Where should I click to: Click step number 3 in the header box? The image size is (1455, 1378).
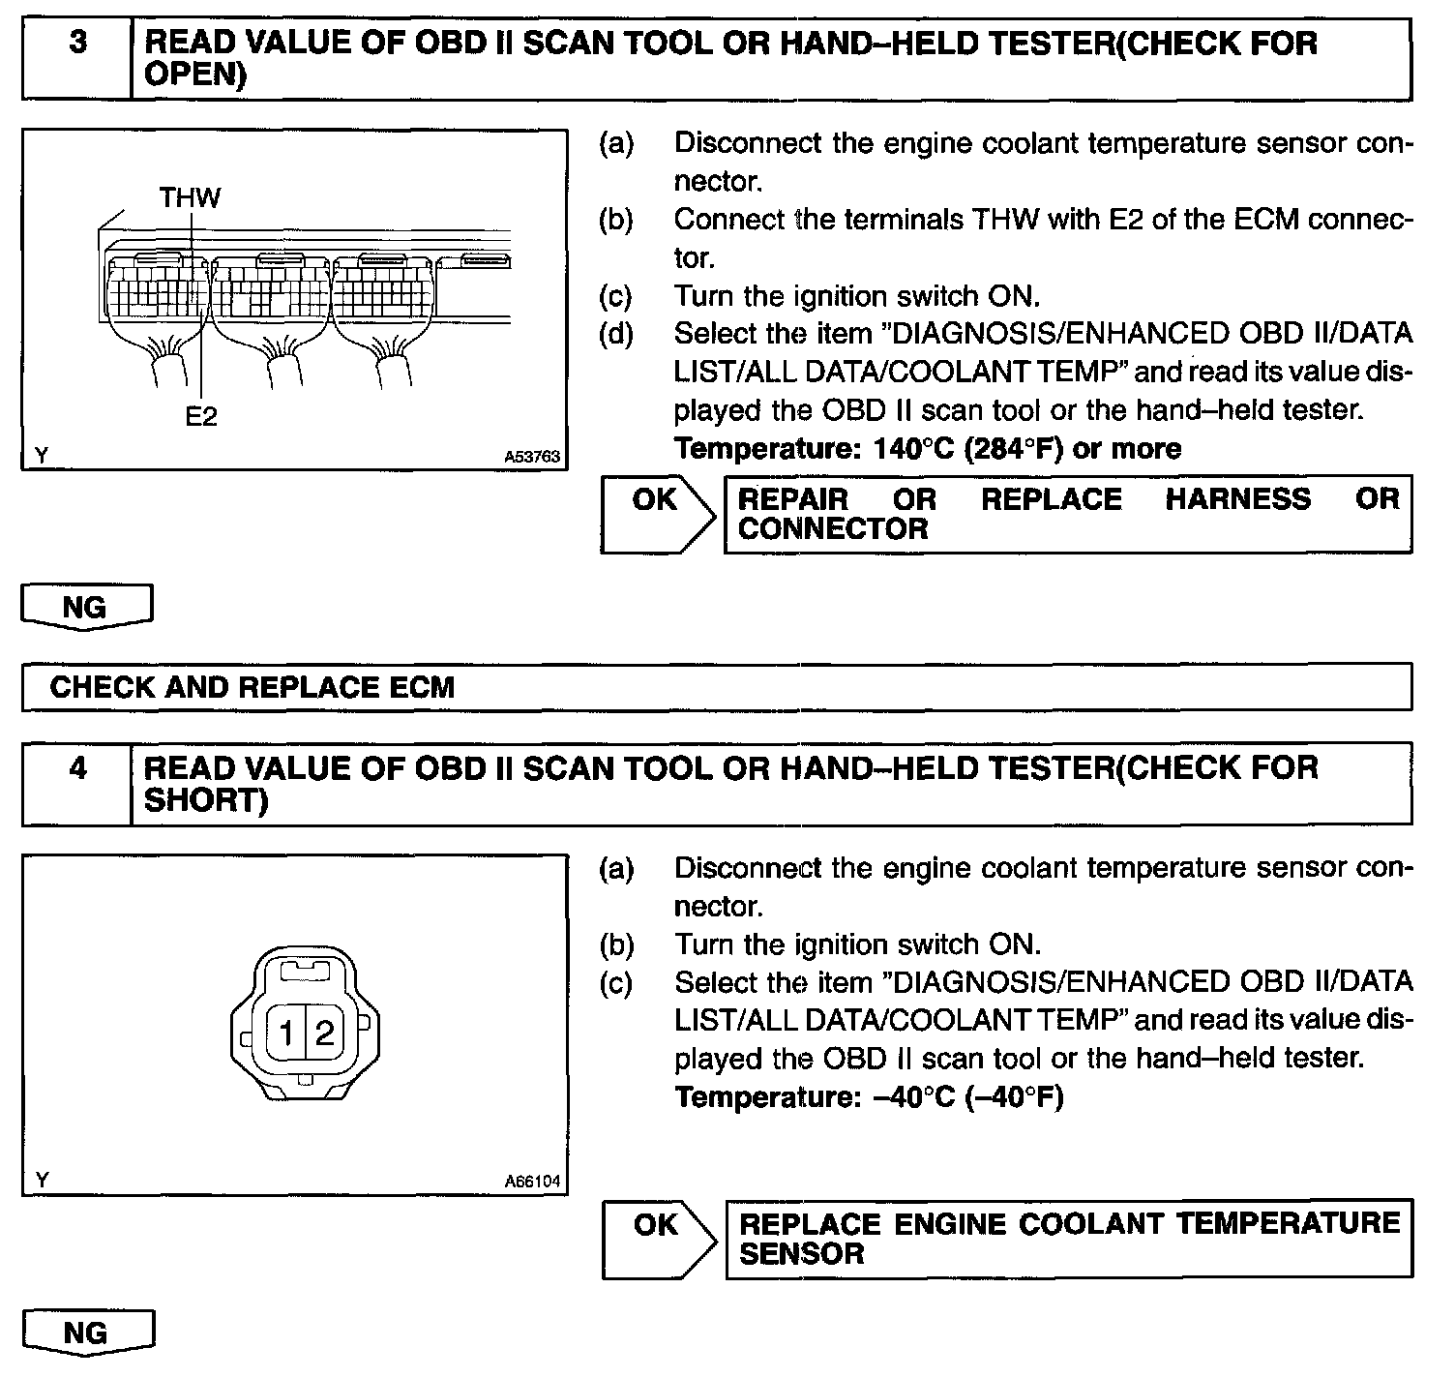[77, 45]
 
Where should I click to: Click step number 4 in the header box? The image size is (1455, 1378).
[77, 768]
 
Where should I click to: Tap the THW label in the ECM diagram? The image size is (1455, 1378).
[190, 198]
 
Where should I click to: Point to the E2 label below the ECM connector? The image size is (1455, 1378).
[201, 416]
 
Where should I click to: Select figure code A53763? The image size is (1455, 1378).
[532, 457]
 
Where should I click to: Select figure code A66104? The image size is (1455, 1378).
[532, 1182]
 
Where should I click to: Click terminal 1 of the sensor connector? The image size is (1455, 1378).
[287, 1033]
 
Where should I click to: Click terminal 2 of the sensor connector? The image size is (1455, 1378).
[324, 1033]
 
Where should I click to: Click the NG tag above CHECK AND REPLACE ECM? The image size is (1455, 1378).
[85, 608]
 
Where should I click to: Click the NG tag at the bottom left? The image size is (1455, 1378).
[85, 1333]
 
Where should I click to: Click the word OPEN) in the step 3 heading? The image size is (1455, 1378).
[194, 75]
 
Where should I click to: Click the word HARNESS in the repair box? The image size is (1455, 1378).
[1237, 499]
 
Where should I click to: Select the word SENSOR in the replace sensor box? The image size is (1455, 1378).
[801, 1254]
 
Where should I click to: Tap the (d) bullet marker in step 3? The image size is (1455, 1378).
[616, 334]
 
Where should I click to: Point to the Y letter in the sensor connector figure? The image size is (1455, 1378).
[41, 1180]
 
